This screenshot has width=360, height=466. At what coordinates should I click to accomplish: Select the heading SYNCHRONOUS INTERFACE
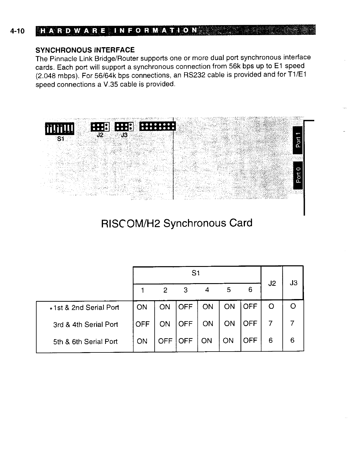tap(85, 50)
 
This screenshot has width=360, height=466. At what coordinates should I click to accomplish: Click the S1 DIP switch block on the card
tap(60, 128)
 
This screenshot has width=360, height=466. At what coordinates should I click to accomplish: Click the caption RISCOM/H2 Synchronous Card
tap(176, 223)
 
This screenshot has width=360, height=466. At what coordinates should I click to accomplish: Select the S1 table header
tap(196, 273)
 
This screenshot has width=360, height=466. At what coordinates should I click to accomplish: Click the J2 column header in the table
tap(272, 284)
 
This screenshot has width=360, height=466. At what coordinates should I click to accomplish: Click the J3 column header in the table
tap(293, 283)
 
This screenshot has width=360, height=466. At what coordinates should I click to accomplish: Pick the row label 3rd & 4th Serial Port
tap(85, 325)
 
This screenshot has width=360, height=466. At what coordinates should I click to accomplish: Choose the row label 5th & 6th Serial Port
tap(85, 342)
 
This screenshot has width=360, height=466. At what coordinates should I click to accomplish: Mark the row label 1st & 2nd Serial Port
tap(86, 308)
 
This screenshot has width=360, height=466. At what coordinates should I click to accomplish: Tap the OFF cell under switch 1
tap(142, 324)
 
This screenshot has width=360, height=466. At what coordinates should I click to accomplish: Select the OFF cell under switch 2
tap(165, 341)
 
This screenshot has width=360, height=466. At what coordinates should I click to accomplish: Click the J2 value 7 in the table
tap(270, 324)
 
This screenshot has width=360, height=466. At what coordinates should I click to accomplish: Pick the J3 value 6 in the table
tap(292, 341)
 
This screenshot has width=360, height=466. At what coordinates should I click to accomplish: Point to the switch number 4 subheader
tap(207, 290)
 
